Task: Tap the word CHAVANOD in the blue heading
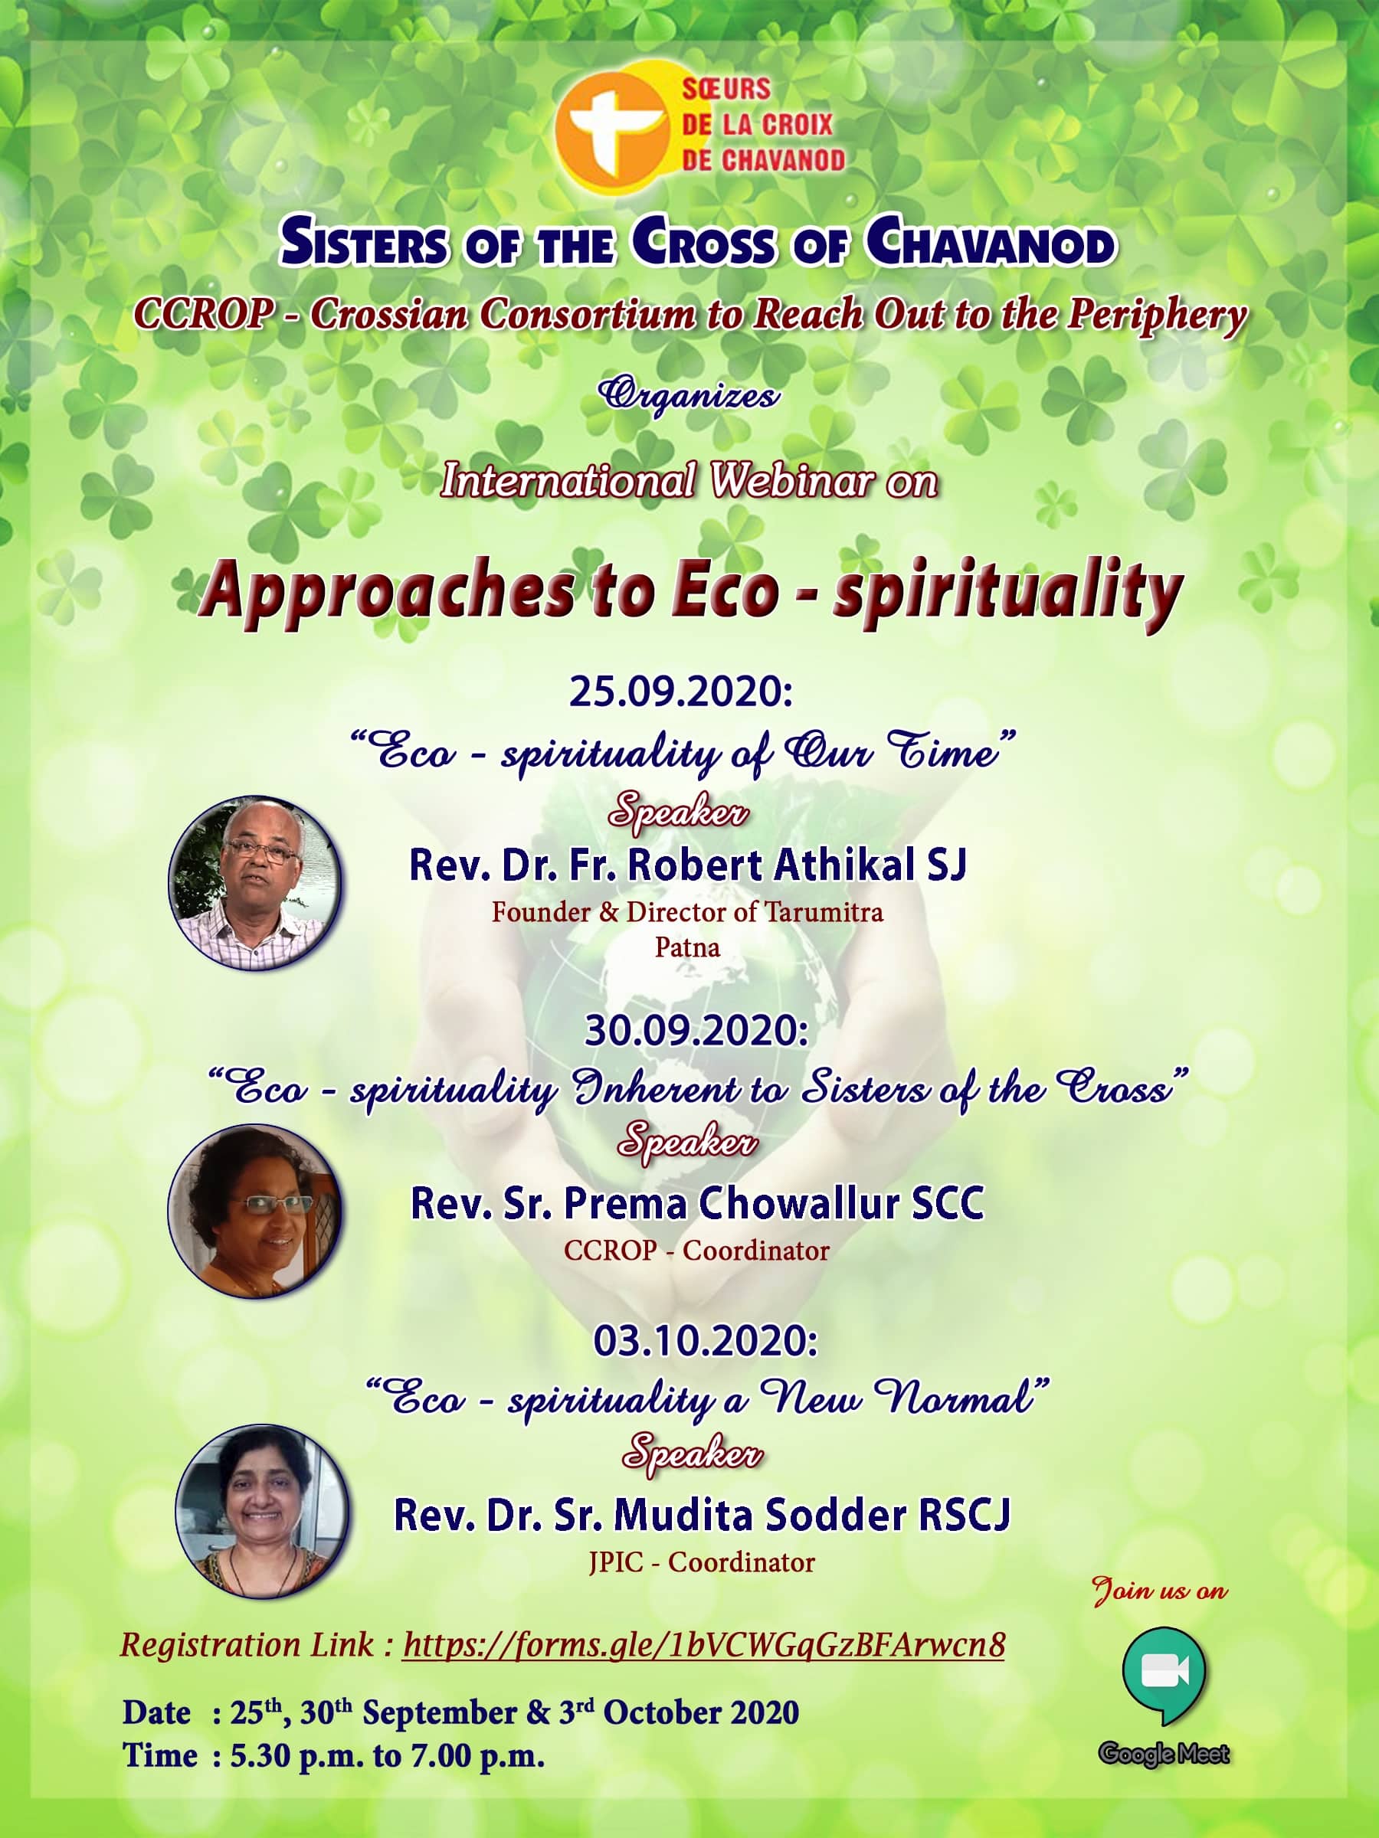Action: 990,244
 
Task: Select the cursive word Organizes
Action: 689,394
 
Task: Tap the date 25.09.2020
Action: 681,692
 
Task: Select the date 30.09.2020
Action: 696,1031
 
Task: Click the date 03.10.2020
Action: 705,1341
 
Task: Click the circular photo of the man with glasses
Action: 255,882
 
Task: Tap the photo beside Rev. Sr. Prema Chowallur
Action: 255,1211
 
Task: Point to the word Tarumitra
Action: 824,912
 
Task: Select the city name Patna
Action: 687,947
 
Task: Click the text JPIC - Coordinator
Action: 702,1562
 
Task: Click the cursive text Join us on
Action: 1161,1591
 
